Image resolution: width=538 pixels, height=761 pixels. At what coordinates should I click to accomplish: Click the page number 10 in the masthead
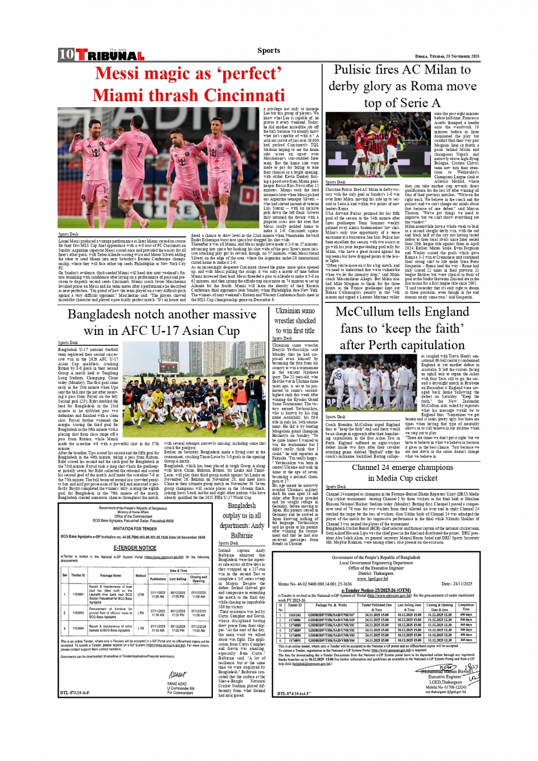click(x=66, y=55)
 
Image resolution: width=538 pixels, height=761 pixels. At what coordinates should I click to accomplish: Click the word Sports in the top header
click(x=268, y=50)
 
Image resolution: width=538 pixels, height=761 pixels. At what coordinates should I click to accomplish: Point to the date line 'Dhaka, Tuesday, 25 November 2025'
click(x=447, y=56)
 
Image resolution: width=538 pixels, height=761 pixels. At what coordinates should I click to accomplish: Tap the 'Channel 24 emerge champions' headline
click(x=402, y=467)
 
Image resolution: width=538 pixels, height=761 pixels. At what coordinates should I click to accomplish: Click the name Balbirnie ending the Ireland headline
click(x=241, y=535)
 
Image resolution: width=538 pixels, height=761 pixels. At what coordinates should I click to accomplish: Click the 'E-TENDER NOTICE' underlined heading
click(x=134, y=548)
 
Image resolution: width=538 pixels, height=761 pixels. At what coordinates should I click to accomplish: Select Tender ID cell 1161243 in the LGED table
click(x=294, y=615)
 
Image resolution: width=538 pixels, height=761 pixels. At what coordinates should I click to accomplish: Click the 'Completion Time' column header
click(x=466, y=607)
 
